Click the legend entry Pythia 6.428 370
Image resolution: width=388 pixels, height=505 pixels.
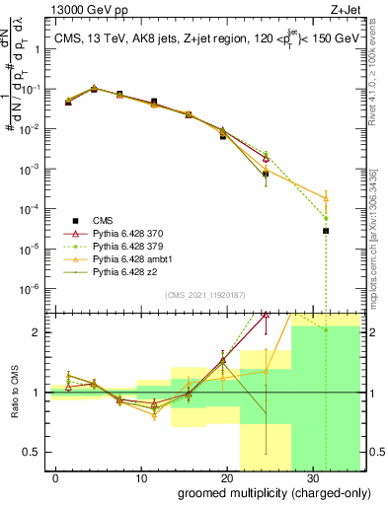point(116,231)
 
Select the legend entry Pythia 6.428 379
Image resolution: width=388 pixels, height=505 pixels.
point(116,244)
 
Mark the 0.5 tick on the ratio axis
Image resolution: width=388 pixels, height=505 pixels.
point(34,453)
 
